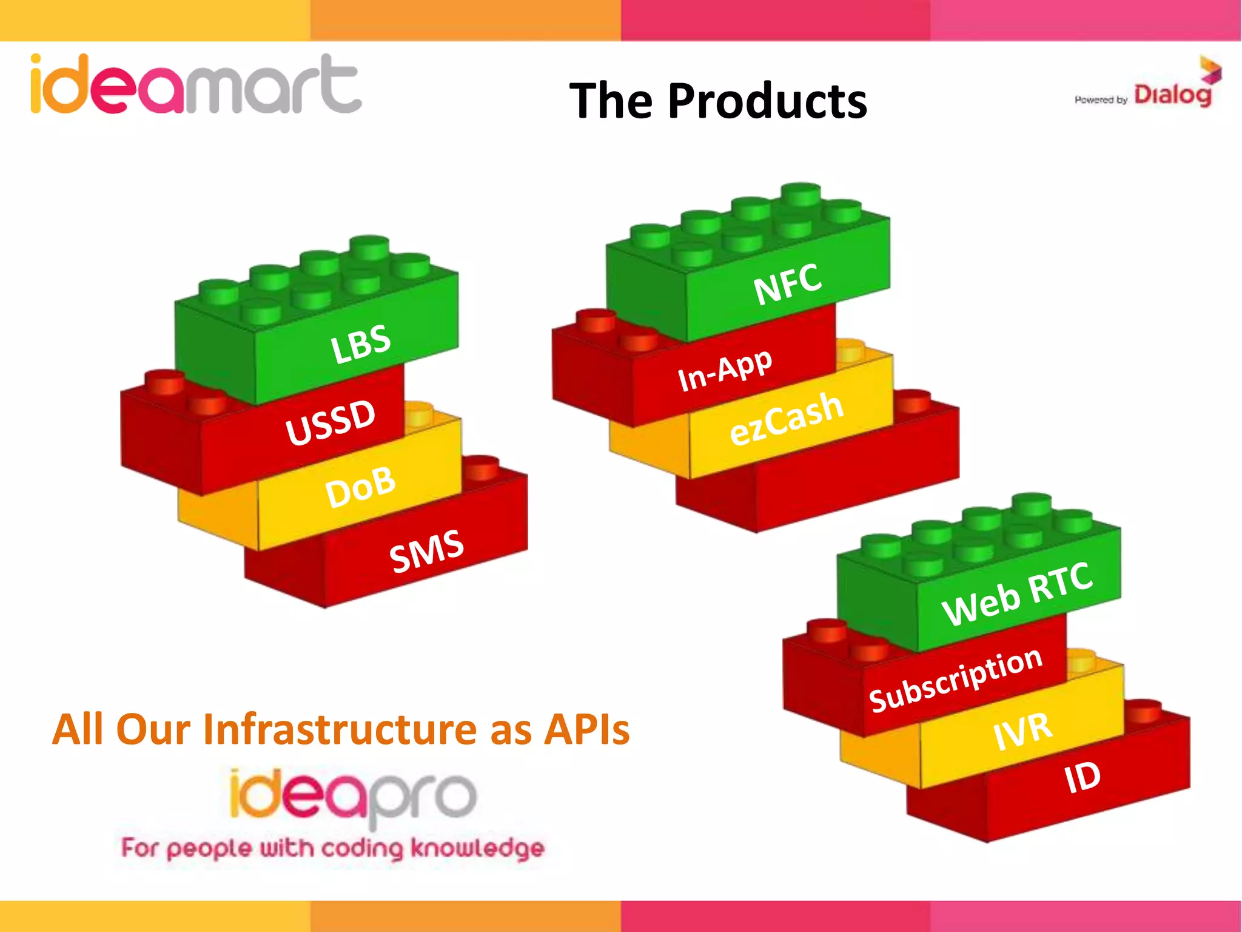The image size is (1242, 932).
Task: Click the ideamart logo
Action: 195,85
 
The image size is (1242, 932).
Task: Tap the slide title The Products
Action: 718,101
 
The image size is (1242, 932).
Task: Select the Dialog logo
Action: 1174,91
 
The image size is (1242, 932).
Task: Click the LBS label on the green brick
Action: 361,344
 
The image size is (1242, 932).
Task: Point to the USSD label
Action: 331,422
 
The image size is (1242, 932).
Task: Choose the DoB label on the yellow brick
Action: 361,487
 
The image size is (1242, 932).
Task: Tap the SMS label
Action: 427,550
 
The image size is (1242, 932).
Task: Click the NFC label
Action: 788,284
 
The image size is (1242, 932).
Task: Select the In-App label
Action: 725,370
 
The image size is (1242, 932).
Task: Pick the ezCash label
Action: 787,419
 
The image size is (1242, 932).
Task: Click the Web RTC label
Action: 1018,594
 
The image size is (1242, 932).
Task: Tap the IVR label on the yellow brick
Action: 1022,731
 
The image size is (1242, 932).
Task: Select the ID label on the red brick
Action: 1082,778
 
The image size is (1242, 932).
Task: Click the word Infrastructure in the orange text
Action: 345,729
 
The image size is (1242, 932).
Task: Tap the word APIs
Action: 586,729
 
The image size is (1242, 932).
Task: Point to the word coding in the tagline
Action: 362,849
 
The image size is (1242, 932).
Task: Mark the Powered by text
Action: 1100,100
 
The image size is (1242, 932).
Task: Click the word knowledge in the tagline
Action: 477,849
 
